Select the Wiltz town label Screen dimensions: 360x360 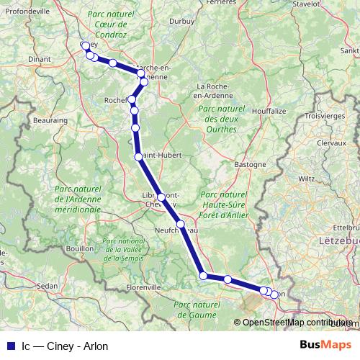point(307,176)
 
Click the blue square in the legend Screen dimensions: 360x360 point(10,346)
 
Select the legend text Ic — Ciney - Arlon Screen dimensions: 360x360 point(65,346)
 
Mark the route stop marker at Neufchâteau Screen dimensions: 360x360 point(181,225)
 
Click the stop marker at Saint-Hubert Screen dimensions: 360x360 point(138,156)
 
